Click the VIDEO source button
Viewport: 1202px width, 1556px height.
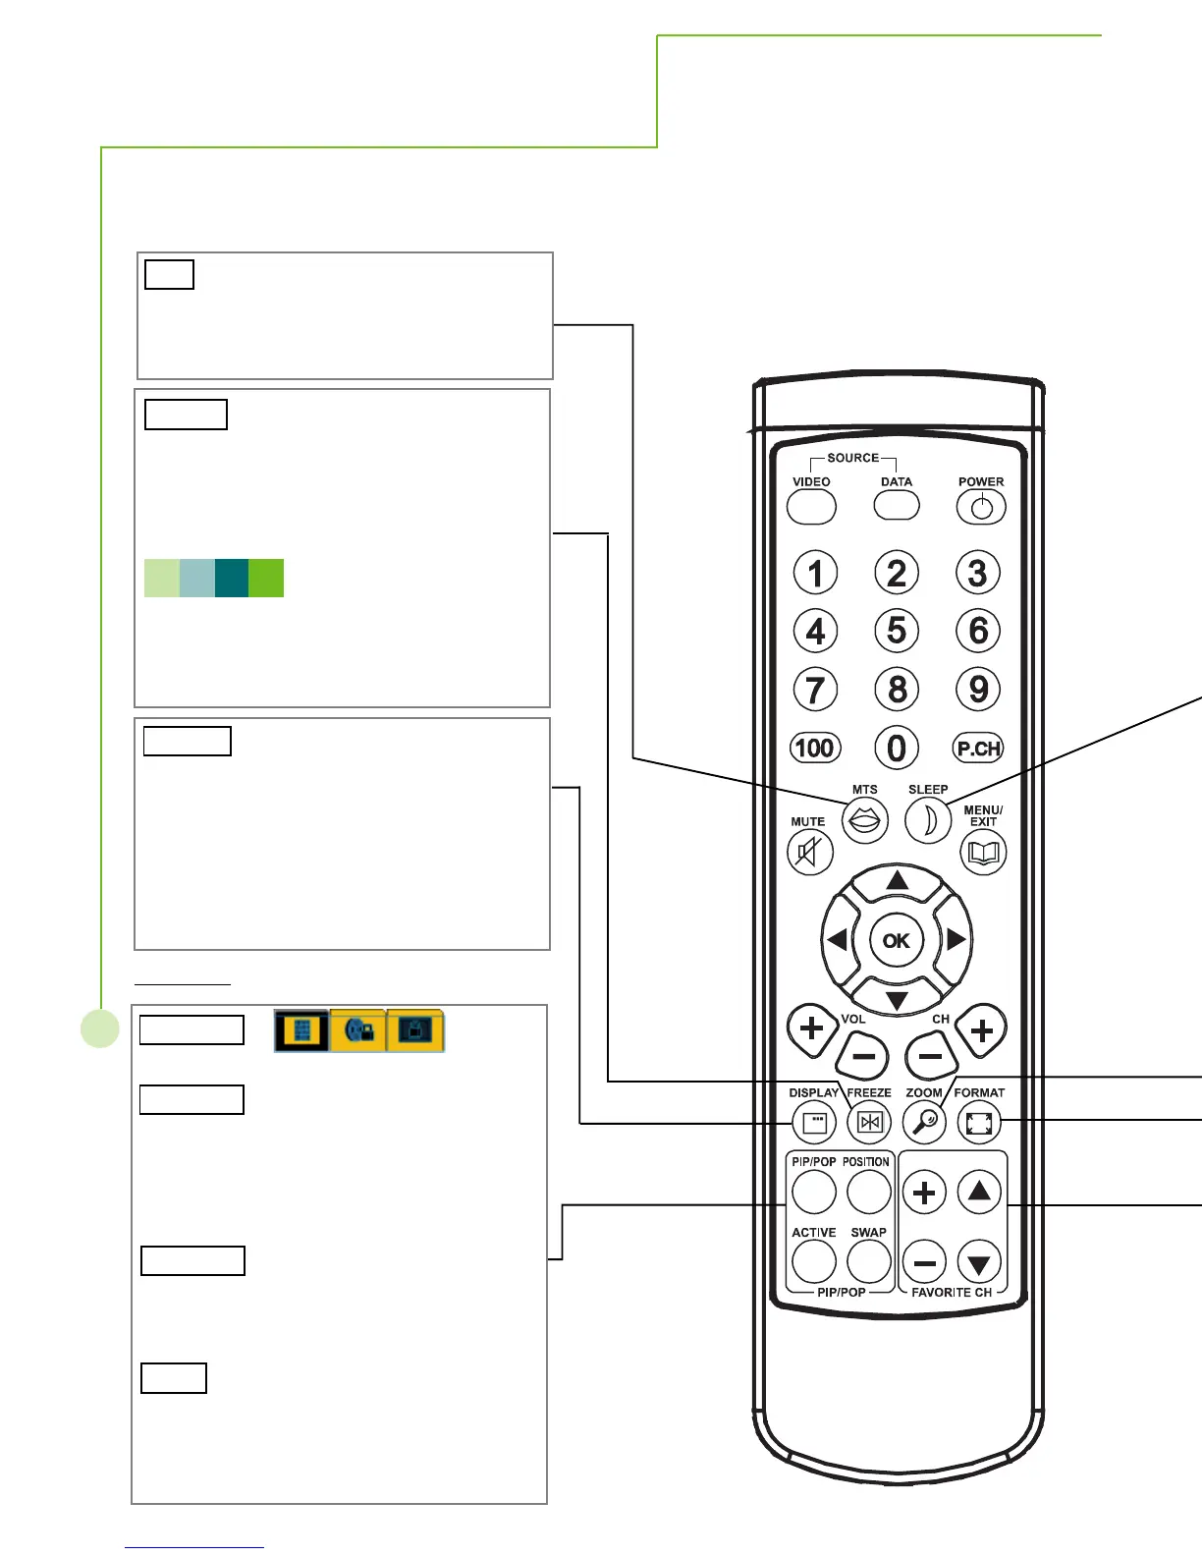click(811, 507)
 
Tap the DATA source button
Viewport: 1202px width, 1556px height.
click(897, 505)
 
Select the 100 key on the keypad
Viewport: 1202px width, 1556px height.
click(814, 749)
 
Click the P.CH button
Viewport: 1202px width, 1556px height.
click(978, 749)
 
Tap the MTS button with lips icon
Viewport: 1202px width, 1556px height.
click(864, 820)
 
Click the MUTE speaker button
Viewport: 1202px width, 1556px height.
click(809, 852)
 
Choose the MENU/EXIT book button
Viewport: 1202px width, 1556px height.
click(983, 852)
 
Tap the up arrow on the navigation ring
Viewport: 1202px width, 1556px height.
click(897, 881)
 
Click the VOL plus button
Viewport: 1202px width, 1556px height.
click(811, 1029)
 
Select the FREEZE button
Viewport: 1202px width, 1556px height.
click(869, 1122)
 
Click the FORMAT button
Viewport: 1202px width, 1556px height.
click(979, 1122)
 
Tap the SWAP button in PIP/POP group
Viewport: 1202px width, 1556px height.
click(868, 1261)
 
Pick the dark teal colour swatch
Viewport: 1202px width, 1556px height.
click(232, 579)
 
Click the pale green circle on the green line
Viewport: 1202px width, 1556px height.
click(99, 1028)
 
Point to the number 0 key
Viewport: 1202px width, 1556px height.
click(897, 749)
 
